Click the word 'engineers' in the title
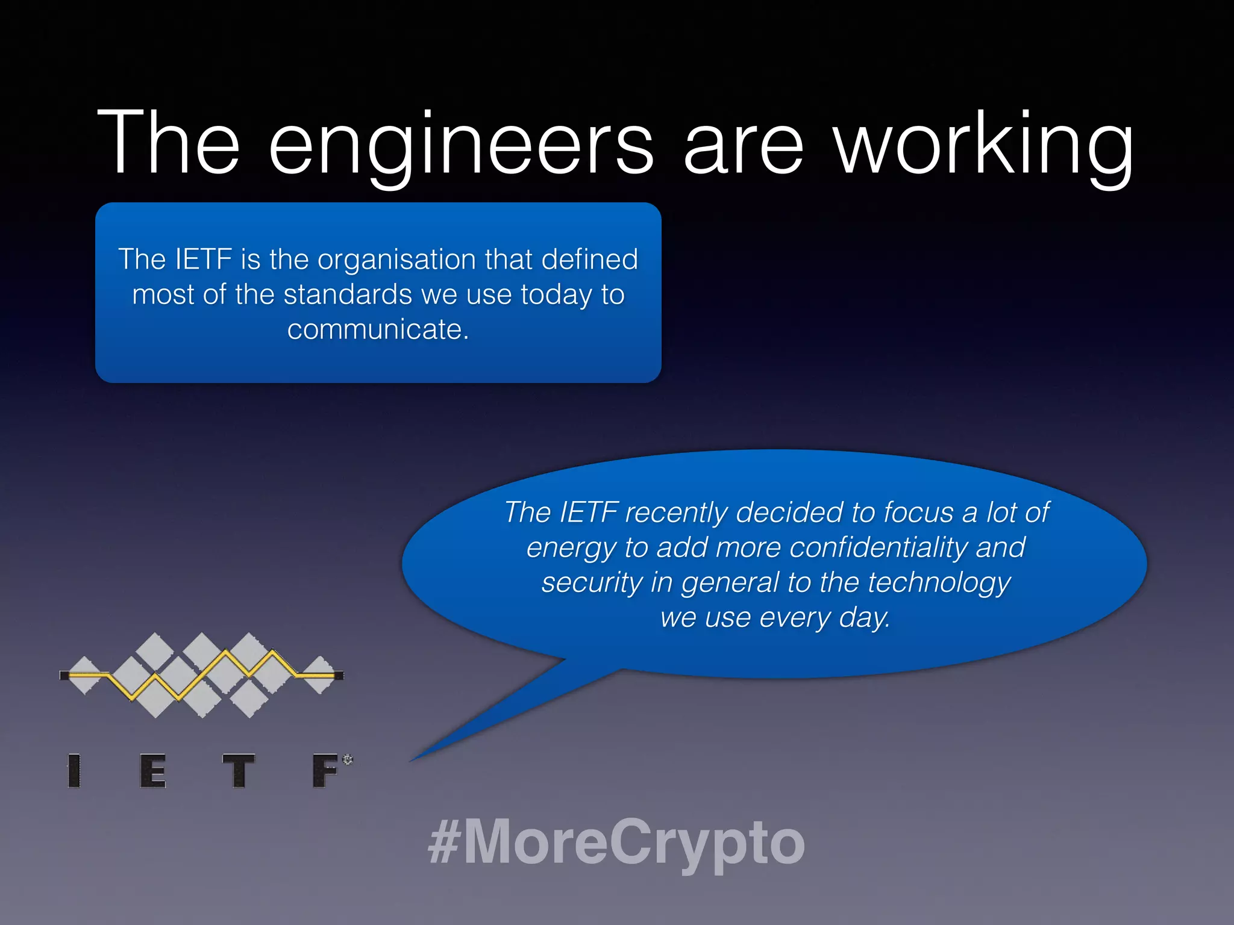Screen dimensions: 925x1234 point(460,145)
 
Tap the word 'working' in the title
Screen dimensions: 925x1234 point(985,145)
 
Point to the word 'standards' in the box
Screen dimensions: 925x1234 point(348,295)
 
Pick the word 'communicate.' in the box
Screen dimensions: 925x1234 point(378,330)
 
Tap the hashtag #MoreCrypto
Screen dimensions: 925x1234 point(616,842)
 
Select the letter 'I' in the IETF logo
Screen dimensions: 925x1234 point(74,771)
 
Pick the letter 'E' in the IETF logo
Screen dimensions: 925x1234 point(153,771)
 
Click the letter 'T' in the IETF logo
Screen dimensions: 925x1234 point(239,771)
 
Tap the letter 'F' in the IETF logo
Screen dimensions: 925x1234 point(326,771)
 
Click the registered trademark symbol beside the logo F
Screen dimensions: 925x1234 point(348,759)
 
